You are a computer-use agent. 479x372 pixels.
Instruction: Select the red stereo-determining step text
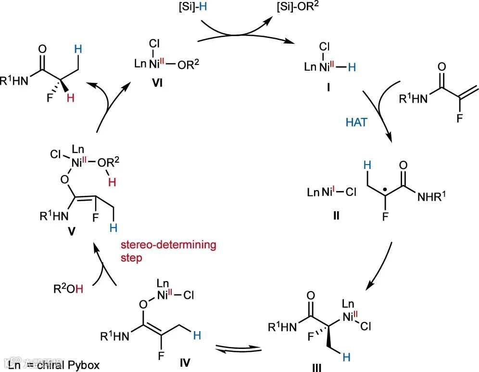[168, 251]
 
